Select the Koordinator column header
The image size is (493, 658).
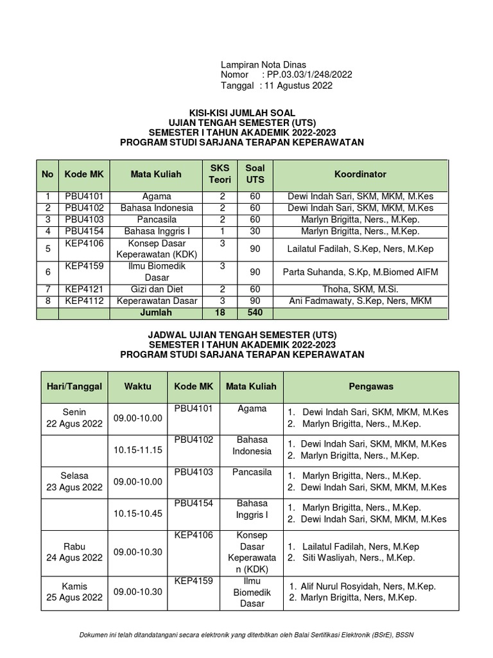coord(360,174)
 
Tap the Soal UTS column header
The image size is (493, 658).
coord(255,174)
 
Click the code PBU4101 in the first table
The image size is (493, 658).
coord(84,197)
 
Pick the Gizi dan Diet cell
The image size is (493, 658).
coord(156,290)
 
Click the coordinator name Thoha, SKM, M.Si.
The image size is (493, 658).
coord(360,290)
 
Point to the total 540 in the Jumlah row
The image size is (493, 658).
coord(255,313)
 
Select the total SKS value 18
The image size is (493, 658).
coord(220,313)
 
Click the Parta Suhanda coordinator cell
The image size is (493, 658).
coord(360,272)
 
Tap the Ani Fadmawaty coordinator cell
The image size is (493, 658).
coord(360,301)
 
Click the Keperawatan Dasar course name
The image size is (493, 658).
coord(156,301)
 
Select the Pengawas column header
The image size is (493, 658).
coord(371,387)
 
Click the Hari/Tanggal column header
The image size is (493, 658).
coord(74,387)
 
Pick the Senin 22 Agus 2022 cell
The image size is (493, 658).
coord(74,418)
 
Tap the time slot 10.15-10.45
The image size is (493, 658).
coord(138,513)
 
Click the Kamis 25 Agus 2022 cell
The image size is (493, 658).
coord(74,592)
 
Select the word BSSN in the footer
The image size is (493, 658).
coord(404,636)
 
